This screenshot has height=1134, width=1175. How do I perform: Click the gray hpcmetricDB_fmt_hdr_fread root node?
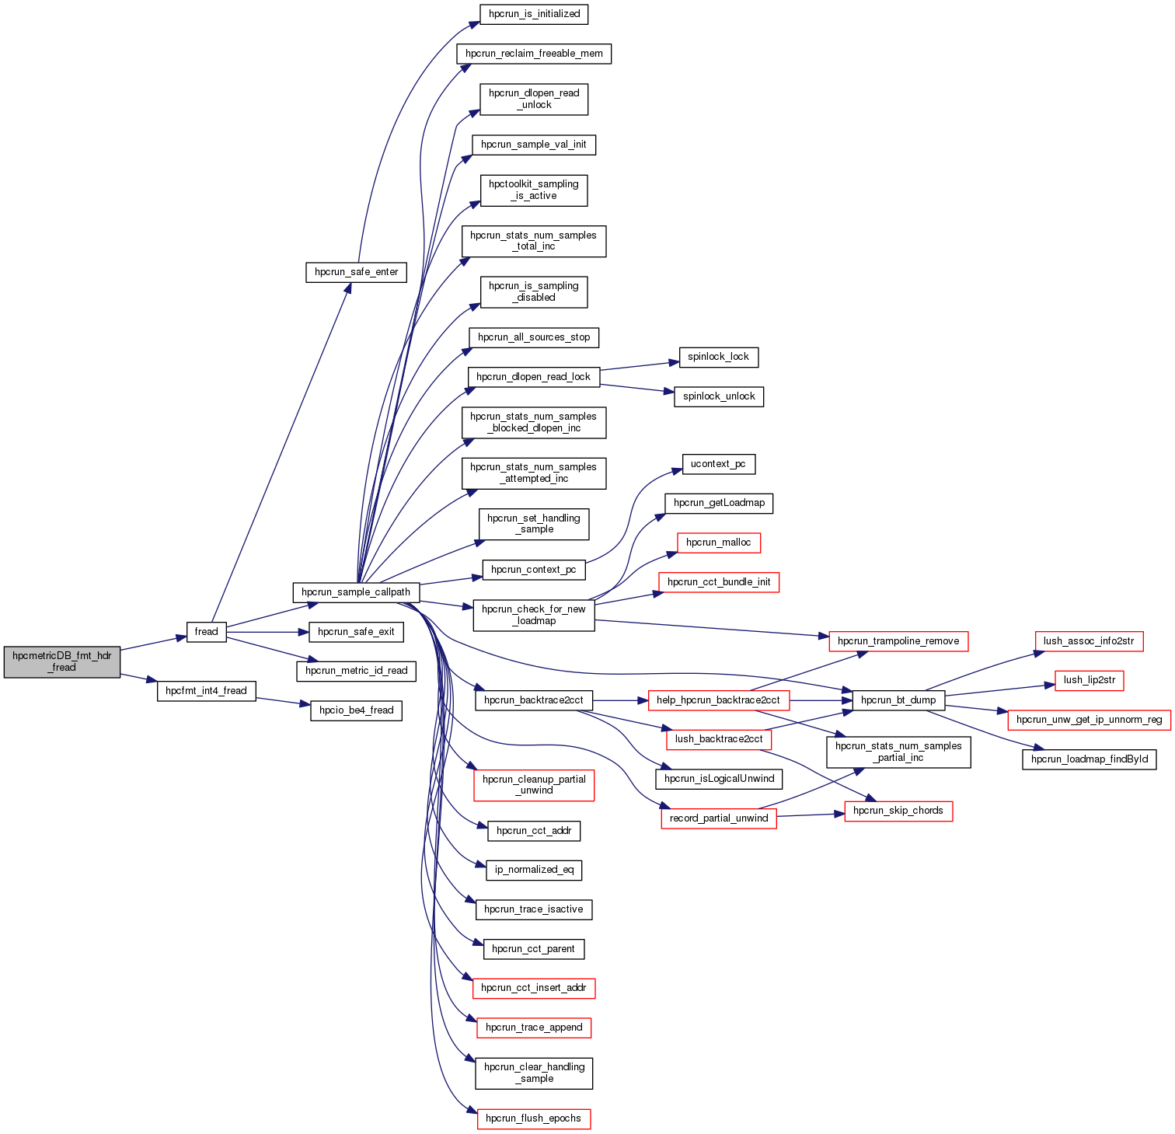(62, 661)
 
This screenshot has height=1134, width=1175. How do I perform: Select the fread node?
(206, 632)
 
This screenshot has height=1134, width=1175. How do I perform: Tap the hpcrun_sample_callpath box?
(356, 592)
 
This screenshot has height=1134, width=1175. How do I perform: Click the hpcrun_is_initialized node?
(534, 14)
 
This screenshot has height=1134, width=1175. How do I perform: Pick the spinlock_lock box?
(718, 357)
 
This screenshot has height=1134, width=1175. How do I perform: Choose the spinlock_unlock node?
(719, 396)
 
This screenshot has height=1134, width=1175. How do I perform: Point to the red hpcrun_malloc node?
(718, 543)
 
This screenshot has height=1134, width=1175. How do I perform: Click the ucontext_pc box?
(718, 464)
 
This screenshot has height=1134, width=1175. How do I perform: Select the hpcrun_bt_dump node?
(898, 700)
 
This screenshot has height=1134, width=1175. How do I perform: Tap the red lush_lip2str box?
(1089, 680)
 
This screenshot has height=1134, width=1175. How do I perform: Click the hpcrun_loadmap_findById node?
(1089, 759)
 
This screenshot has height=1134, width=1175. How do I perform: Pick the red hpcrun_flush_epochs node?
(533, 1118)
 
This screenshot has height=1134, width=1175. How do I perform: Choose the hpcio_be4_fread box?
(356, 710)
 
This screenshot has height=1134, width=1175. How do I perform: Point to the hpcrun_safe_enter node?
(356, 272)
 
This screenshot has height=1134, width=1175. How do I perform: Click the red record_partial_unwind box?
(719, 818)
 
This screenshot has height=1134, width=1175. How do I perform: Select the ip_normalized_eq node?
(534, 870)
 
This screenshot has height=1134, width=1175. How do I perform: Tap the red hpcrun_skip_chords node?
(898, 811)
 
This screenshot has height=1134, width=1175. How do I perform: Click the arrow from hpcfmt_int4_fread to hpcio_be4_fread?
(283, 702)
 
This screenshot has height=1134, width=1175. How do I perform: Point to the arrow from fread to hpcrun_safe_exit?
(267, 632)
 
